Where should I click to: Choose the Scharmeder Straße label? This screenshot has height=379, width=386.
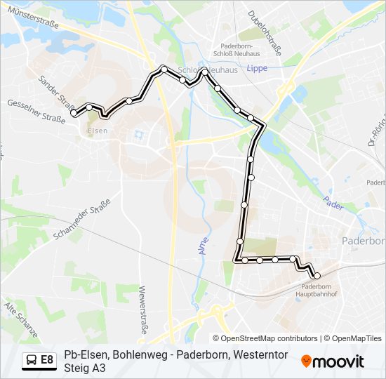[x=91, y=218]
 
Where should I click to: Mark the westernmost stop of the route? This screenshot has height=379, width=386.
[x=74, y=112]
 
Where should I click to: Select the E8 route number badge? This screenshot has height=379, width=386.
[x=47, y=360]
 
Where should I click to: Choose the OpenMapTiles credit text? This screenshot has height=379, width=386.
[x=357, y=338]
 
